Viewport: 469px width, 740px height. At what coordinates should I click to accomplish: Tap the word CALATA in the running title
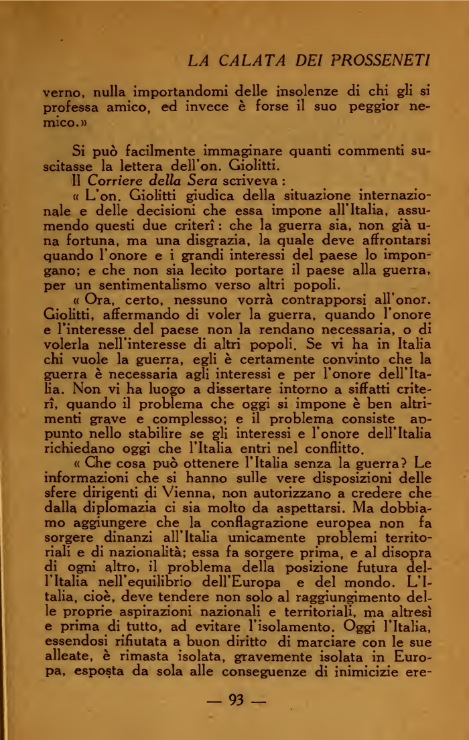coord(255,60)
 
